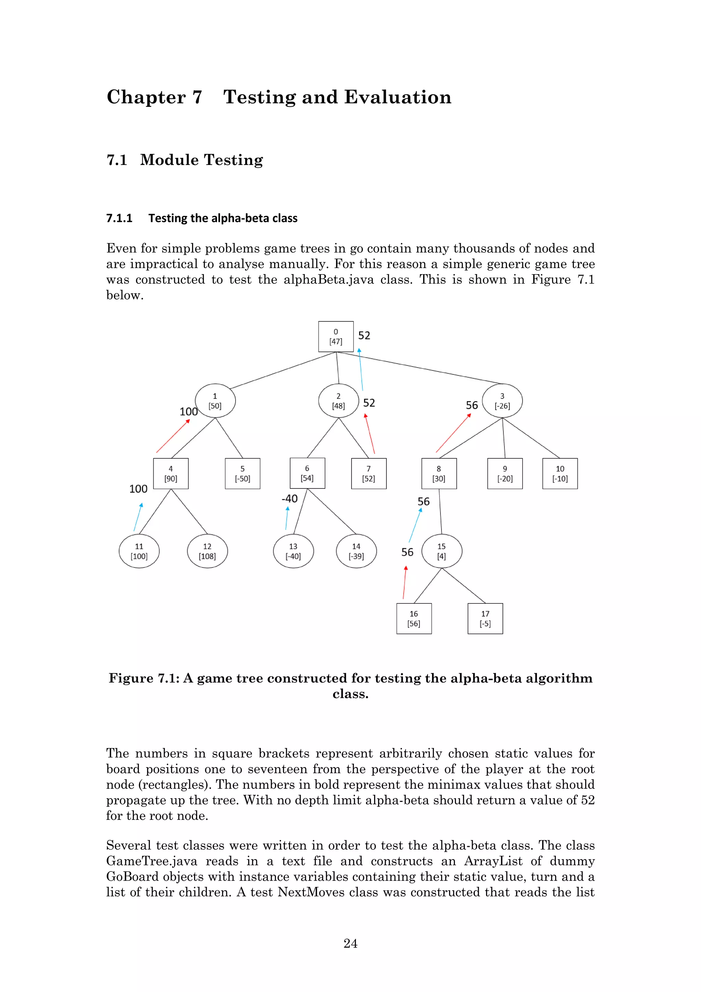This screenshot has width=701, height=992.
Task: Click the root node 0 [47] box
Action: (335, 336)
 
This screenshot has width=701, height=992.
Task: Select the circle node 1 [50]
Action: (215, 400)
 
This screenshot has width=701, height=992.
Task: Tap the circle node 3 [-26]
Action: (502, 400)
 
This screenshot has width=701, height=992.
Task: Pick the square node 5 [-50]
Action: (242, 473)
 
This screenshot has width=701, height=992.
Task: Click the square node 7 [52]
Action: (368, 473)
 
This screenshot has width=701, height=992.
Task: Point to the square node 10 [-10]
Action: (560, 473)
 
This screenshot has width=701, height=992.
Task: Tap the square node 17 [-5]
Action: (485, 618)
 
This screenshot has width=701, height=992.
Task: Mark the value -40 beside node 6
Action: (289, 499)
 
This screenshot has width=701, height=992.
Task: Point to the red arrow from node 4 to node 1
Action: (173, 436)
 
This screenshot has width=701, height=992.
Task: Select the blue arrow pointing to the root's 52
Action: (361, 369)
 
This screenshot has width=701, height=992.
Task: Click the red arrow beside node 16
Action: (405, 582)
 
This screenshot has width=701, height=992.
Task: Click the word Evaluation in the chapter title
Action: (397, 97)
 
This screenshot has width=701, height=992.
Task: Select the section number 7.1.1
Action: (119, 218)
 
